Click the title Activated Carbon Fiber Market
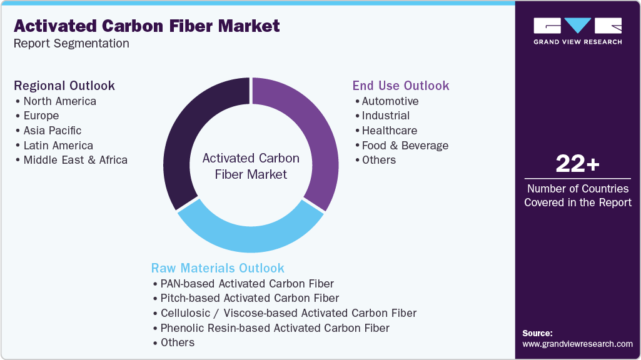[x=146, y=26]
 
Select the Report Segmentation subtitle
[x=71, y=44]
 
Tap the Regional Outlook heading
[x=64, y=86]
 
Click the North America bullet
[x=59, y=101]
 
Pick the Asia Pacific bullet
[x=53, y=131]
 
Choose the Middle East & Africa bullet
[x=75, y=160]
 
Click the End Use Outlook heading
[x=401, y=86]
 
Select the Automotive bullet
[x=390, y=101]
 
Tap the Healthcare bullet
[x=389, y=131]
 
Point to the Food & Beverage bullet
[x=405, y=146]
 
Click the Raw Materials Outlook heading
[x=218, y=268]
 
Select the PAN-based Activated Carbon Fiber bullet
[x=247, y=284]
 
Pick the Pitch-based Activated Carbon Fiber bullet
[x=250, y=298]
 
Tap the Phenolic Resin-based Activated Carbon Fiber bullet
[x=275, y=328]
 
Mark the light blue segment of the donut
[x=250, y=234]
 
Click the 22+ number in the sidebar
[x=577, y=164]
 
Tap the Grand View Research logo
[x=577, y=31]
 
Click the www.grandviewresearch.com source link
[x=577, y=344]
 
